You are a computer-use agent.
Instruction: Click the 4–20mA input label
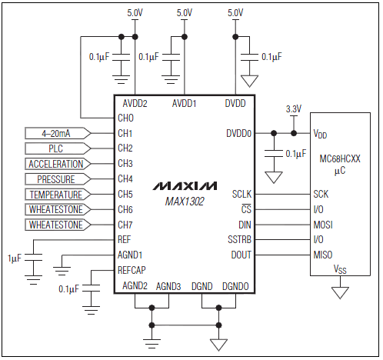55,132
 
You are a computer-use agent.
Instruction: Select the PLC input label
55,148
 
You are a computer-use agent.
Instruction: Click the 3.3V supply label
293,108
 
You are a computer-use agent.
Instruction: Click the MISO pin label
323,255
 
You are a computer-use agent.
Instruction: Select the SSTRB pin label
238,240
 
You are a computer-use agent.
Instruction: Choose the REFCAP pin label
132,270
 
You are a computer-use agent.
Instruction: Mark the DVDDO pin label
238,132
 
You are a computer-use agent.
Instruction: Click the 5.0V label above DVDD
235,13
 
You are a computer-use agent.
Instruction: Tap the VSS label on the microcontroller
339,270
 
